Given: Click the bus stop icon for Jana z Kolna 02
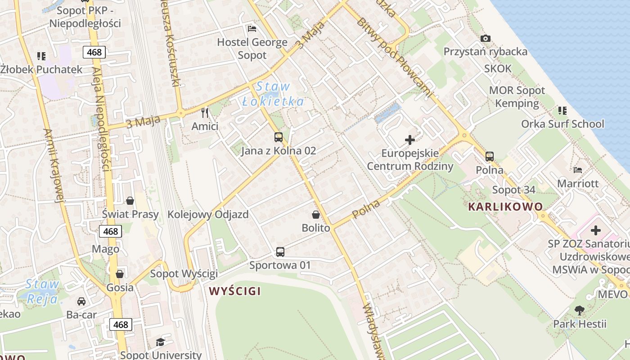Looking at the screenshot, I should [279, 137].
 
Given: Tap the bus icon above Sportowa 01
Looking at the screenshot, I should [280, 252].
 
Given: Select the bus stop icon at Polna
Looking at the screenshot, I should [490, 157].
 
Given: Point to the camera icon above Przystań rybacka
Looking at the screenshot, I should [485, 39].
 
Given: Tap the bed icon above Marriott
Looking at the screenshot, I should [578, 170].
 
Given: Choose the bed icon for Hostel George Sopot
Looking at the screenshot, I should [252, 29].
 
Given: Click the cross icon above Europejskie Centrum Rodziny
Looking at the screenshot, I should [410, 140].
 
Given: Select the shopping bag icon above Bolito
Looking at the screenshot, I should [316, 215].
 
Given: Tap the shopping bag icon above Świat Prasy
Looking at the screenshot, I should [130, 201].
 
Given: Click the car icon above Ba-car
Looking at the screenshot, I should [81, 301].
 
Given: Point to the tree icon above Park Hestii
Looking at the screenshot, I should [580, 310].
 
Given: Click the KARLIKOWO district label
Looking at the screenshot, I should [505, 207].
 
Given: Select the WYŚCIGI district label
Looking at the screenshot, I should [235, 291].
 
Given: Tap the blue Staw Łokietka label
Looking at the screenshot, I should [273, 94].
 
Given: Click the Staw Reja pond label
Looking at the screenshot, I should [42, 291].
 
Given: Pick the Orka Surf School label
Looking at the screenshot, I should [562, 124].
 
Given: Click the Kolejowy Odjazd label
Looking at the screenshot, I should [208, 214].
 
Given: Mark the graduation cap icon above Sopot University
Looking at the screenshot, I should [160, 342].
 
